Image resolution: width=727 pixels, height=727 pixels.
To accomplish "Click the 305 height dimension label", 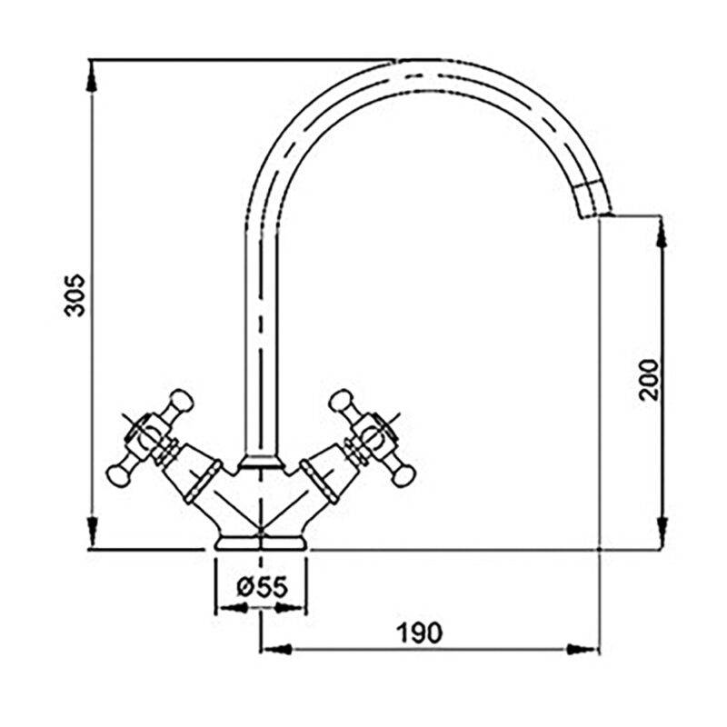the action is click(75, 295).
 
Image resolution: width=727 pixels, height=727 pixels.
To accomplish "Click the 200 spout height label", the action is click(648, 379).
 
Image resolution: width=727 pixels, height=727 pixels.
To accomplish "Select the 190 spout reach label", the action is click(420, 632).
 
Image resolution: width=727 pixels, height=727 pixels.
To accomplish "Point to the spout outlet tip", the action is click(597, 214).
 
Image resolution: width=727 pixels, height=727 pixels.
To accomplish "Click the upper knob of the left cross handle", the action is click(181, 401).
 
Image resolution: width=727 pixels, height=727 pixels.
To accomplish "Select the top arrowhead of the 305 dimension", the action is click(93, 75).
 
